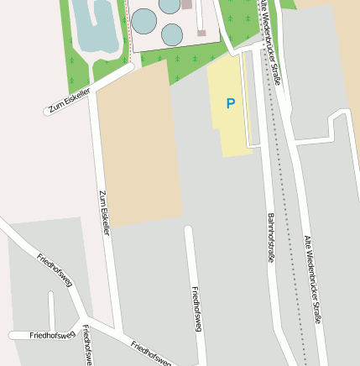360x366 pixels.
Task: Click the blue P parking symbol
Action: [231, 103]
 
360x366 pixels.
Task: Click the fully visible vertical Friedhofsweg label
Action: [197, 310]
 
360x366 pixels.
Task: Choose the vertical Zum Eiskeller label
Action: [104, 212]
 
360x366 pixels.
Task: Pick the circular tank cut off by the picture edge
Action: [170, 4]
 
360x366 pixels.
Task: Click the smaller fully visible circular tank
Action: [172, 34]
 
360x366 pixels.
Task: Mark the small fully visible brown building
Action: [201, 33]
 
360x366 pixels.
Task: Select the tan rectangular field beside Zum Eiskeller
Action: [138, 147]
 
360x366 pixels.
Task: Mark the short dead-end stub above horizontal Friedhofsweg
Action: [51, 311]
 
